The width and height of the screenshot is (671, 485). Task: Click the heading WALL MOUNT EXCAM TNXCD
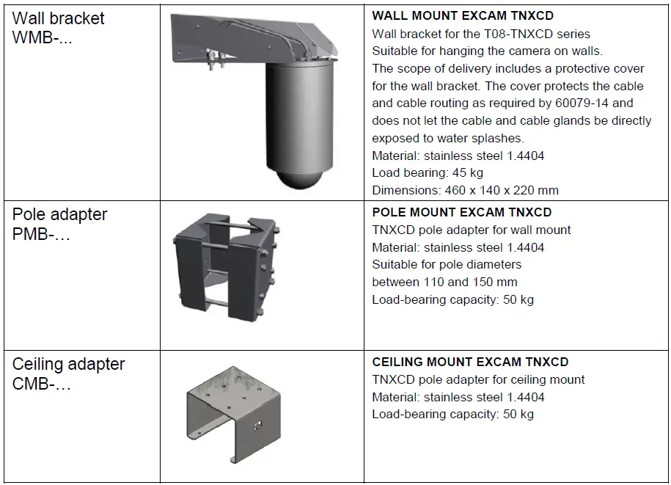point(462,15)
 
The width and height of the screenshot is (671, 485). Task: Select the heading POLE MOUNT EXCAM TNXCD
point(462,212)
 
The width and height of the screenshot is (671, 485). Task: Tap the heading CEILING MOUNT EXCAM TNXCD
point(470,362)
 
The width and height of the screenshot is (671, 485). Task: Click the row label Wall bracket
point(59,18)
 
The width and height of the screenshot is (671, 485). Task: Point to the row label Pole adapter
point(59,214)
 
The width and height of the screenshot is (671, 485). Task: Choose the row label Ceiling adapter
point(68,364)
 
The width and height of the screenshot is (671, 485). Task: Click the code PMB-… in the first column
point(41,236)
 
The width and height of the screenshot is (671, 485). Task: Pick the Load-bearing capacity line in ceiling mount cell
point(452,414)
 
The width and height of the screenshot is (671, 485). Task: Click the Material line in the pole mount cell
point(458,247)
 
